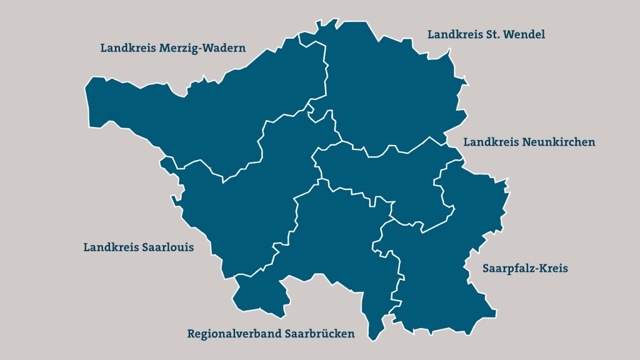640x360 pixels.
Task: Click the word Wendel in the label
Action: coord(526,34)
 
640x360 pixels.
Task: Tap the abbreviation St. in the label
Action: coord(495,34)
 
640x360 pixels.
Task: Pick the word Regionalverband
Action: coord(234,334)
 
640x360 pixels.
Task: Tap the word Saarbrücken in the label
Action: coord(319,334)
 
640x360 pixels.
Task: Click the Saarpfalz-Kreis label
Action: coord(525,269)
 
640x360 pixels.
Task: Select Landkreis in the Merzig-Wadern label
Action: coord(127,48)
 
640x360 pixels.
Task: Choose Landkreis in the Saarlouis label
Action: coord(111,247)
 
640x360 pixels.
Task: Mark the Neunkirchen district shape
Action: coord(381,175)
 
